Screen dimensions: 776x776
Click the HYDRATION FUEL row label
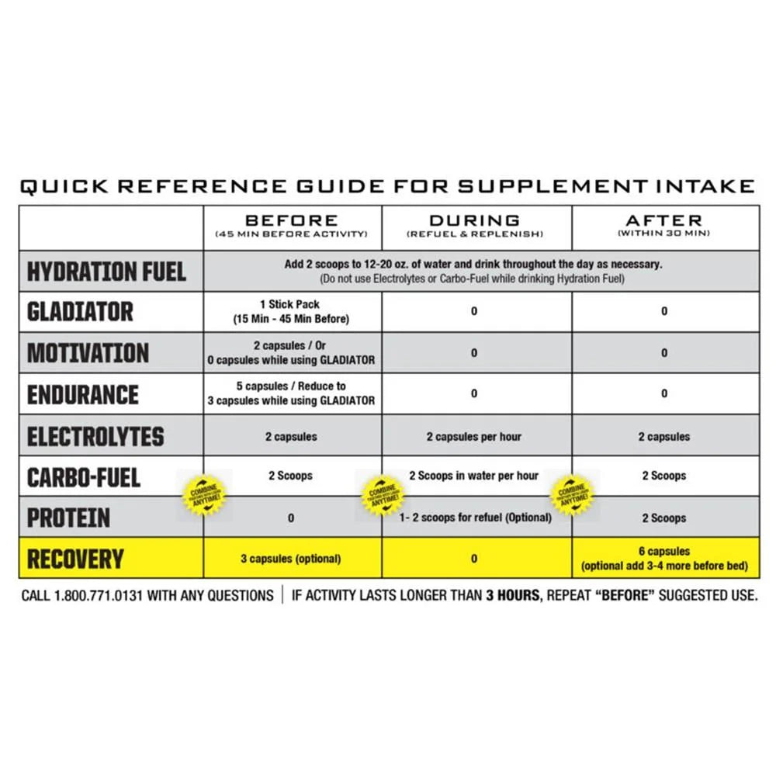click(x=106, y=272)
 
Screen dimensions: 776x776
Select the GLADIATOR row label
click(x=80, y=312)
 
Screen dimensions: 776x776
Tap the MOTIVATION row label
click(x=88, y=353)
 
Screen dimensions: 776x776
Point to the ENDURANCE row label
click(x=83, y=394)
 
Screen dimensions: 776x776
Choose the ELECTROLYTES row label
click(x=95, y=436)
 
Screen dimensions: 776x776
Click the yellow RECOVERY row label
click(x=75, y=559)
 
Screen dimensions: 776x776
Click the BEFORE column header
click(x=291, y=221)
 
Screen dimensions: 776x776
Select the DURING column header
click(x=474, y=221)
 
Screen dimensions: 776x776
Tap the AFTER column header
click(x=663, y=221)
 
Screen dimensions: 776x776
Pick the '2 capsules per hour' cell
click(x=473, y=437)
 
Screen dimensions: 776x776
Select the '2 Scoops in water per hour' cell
click(x=473, y=476)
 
